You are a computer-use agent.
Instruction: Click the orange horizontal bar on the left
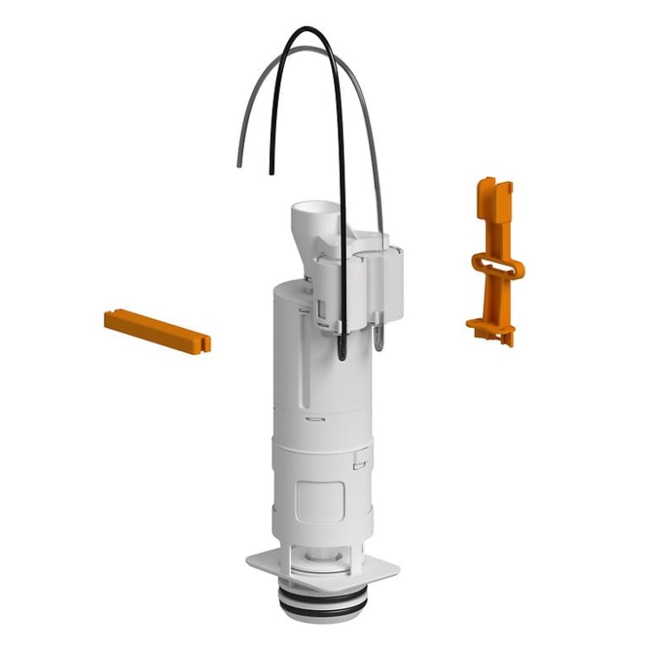coord(156,331)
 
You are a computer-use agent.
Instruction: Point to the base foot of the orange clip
coord(492,327)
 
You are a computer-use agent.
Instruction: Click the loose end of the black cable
coord(272,172)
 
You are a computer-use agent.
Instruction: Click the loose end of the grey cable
coord(239,164)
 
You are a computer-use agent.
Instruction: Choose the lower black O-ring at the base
coord(320,610)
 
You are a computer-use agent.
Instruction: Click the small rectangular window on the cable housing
coord(321,309)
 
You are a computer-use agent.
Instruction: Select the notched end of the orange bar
coord(204,343)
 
